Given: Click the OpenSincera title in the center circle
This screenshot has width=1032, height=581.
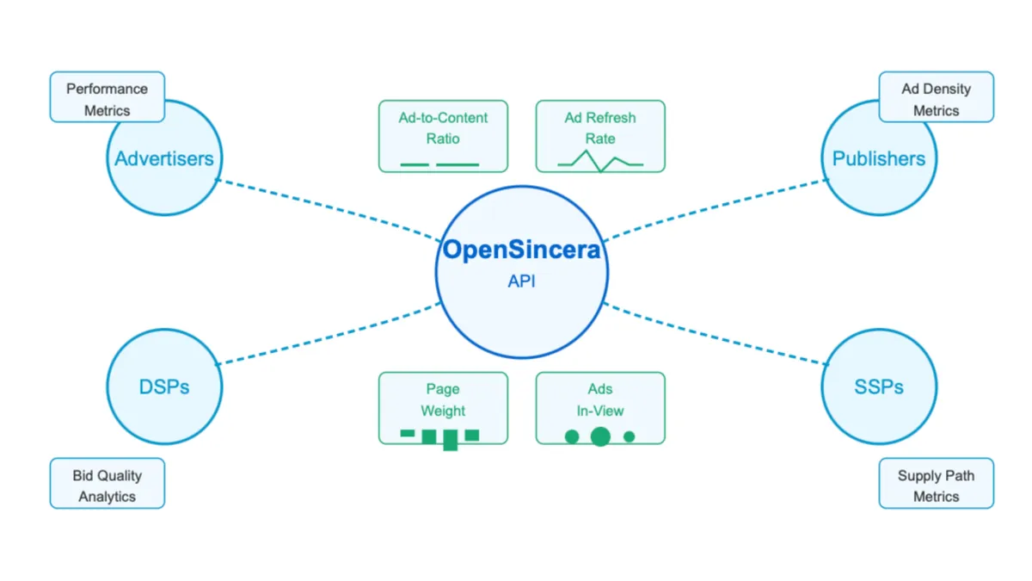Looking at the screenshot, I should (521, 250).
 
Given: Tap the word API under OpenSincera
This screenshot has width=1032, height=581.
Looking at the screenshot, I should (521, 281).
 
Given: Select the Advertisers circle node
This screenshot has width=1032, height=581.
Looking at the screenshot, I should (164, 158).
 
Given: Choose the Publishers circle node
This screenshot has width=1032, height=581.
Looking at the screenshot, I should (879, 158).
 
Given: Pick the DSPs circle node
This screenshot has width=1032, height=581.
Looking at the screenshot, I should (164, 387).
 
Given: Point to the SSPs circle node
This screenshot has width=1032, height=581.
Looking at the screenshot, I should (879, 387).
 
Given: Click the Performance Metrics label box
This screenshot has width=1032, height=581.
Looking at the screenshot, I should (107, 99).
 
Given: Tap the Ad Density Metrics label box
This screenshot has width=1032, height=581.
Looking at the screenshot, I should (936, 99).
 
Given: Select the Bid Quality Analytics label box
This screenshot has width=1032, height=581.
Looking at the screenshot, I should (107, 485).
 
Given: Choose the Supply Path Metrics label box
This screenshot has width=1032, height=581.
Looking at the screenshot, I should (936, 485).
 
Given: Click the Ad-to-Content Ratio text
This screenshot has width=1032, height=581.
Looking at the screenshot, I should (443, 127).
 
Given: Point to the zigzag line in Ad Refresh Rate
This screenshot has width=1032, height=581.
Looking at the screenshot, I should (600, 161).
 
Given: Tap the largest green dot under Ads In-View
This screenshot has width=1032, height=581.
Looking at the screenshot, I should (600, 436).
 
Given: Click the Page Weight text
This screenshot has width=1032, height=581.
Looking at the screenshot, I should (443, 399).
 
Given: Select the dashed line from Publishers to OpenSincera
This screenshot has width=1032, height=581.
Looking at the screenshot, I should (714, 207).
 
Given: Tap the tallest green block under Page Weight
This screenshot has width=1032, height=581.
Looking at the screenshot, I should (450, 440).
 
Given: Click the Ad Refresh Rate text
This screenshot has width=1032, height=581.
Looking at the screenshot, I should (600, 127).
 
